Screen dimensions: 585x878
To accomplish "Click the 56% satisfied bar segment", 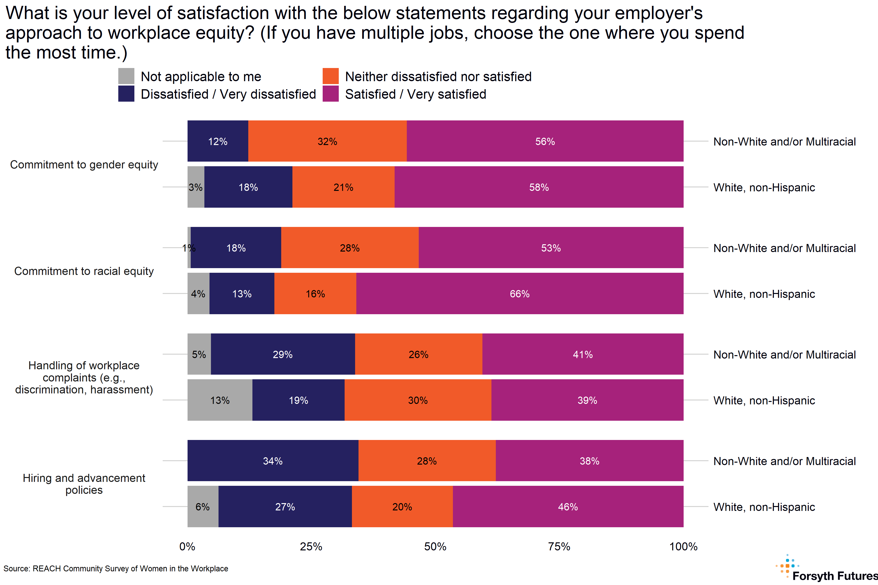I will [x=545, y=141].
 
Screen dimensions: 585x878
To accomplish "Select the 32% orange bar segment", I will [x=327, y=141].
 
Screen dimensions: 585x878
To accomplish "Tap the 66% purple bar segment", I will [x=520, y=294].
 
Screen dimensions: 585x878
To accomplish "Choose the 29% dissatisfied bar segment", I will [x=283, y=354].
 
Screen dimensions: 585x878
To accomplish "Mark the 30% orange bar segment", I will [x=418, y=400].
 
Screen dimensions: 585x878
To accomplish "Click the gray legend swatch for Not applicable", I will [x=126, y=76].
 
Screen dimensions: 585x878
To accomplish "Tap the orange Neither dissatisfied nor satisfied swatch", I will [x=330, y=76].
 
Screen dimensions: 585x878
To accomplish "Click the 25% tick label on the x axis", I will [x=311, y=546].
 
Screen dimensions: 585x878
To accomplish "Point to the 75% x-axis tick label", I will [x=559, y=546].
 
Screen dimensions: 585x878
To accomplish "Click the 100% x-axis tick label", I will [x=683, y=546].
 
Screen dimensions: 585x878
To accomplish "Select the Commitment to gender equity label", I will [x=84, y=165].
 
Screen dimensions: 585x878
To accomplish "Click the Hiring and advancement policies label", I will [x=84, y=484].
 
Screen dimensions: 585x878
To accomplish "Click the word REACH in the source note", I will [x=47, y=569].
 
